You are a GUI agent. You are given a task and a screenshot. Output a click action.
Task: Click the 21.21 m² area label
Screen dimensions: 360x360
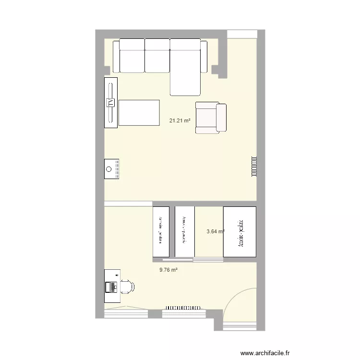tap(180, 121)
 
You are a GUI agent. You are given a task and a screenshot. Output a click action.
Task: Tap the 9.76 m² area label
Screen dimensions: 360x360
tap(169, 270)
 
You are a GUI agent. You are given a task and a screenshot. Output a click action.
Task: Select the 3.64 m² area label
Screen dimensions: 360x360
tap(216, 231)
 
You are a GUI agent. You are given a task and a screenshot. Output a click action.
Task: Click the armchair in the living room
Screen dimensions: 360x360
tap(211, 118)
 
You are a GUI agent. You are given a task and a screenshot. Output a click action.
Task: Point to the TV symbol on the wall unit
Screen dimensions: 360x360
tap(111, 102)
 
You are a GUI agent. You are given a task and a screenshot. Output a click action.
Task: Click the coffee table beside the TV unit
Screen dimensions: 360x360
tap(139, 112)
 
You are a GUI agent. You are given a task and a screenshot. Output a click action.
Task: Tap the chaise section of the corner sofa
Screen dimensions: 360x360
tap(185, 72)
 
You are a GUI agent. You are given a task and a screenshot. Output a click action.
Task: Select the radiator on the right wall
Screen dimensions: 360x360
tap(253, 167)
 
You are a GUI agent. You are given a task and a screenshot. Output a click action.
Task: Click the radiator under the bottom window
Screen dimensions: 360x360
tap(183, 308)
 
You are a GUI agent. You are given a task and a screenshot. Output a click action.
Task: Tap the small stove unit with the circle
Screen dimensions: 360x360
tap(111, 169)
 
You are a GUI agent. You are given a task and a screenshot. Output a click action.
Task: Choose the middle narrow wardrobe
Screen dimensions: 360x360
tap(184, 232)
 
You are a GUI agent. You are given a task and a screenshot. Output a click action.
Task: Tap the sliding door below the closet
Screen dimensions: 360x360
tap(208, 260)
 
